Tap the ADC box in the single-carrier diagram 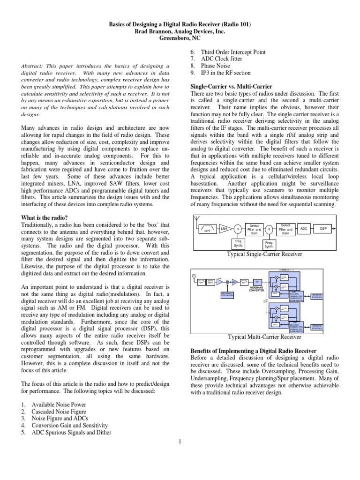303,228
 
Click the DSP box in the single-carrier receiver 323,228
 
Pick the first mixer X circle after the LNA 239,229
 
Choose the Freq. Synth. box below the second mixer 269,244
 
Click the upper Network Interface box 317,296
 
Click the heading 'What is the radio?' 45,217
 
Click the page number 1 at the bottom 180,440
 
